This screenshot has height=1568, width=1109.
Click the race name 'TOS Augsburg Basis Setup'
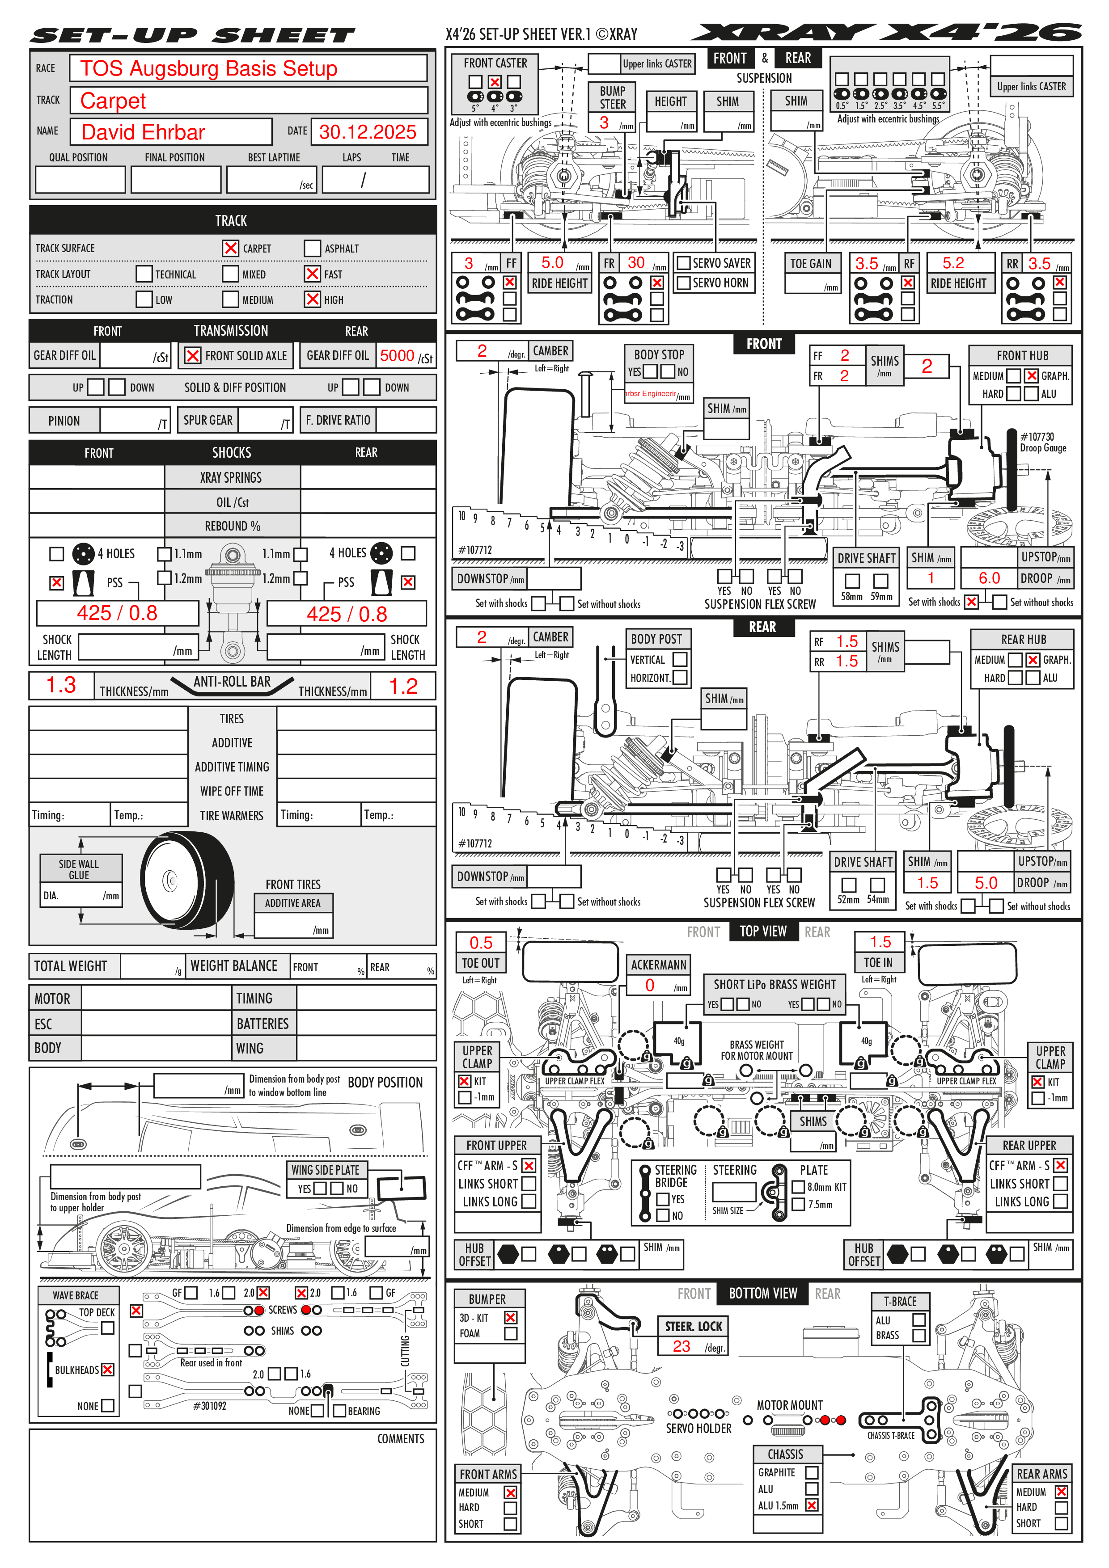(x=208, y=68)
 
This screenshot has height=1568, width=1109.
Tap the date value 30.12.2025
(x=368, y=132)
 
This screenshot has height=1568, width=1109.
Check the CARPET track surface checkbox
(x=231, y=248)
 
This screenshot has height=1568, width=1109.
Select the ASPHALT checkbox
(x=312, y=248)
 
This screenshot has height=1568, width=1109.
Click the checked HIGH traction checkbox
(x=312, y=299)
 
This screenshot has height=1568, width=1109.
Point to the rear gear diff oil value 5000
(x=397, y=355)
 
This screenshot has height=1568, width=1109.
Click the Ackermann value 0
(x=650, y=985)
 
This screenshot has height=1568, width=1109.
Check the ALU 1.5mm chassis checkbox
(x=812, y=1505)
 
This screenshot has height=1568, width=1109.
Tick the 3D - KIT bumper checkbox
(x=510, y=1317)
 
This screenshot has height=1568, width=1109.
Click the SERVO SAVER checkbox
(x=683, y=263)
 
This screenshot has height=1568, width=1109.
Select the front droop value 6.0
(x=989, y=578)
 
